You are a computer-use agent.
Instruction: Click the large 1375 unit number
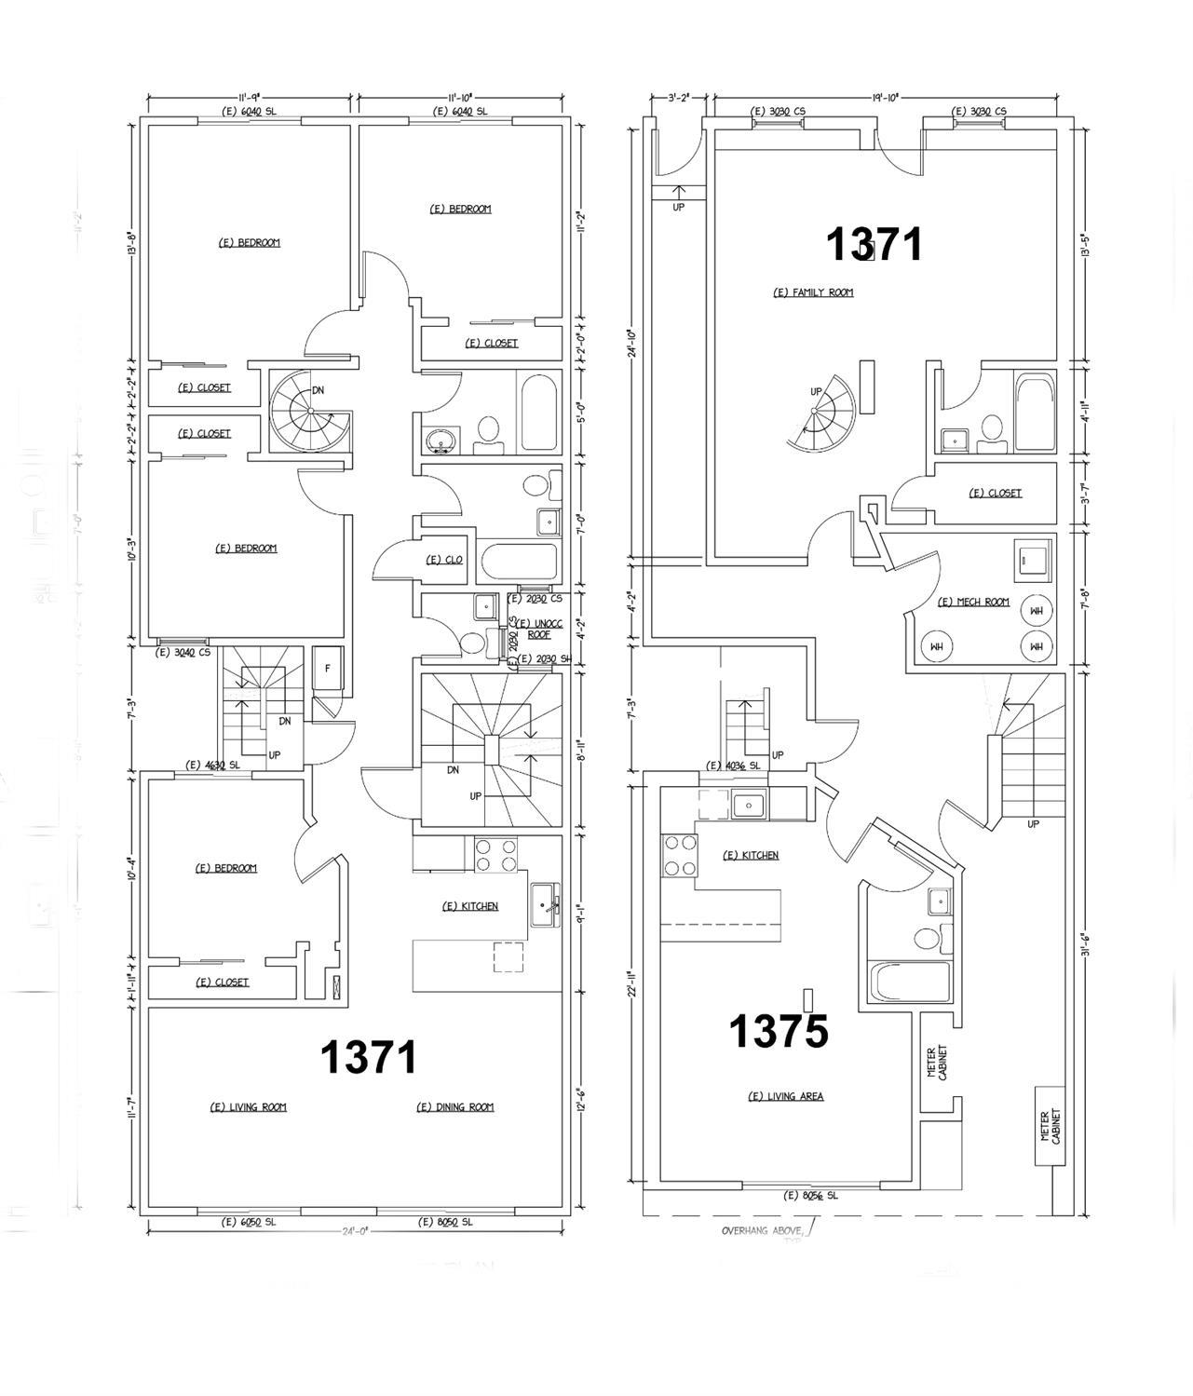pyautogui.click(x=778, y=1031)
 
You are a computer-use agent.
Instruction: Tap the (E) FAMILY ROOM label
pyautogui.click(x=813, y=292)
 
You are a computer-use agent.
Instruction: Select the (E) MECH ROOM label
pyautogui.click(x=973, y=602)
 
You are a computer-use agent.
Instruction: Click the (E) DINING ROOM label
pyautogui.click(x=454, y=1107)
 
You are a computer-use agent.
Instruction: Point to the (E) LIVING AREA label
pyautogui.click(x=786, y=1096)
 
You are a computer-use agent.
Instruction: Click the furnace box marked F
pyautogui.click(x=328, y=669)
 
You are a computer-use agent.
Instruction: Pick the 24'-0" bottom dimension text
pyautogui.click(x=355, y=1230)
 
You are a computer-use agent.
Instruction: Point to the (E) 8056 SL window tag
pyautogui.click(x=811, y=1195)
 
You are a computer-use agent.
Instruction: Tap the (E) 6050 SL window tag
pyautogui.click(x=248, y=1222)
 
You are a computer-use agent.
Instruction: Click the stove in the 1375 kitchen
pyautogui.click(x=679, y=856)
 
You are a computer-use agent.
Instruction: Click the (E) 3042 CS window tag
pyautogui.click(x=183, y=653)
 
